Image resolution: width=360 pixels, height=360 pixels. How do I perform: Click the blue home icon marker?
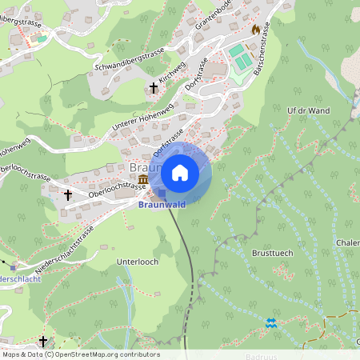coord(180,173)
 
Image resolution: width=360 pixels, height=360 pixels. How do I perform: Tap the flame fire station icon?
coord(256,29)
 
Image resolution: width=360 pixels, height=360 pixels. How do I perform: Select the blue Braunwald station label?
coord(163,205)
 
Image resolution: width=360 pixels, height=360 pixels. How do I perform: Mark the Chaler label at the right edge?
coord(348,243)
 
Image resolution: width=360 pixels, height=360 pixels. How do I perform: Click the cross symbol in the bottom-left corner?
coord(42,340)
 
